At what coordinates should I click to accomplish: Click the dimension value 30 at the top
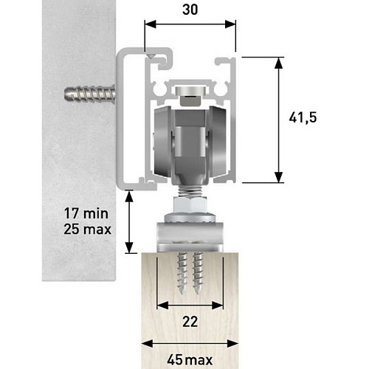click(x=190, y=10)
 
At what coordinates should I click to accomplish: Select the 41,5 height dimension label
click(x=303, y=118)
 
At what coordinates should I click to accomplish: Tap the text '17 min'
click(x=86, y=213)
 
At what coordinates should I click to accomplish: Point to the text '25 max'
click(x=87, y=230)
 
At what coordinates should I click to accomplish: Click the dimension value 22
click(x=190, y=322)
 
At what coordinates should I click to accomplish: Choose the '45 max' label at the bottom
click(x=190, y=360)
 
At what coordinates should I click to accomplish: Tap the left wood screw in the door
click(x=182, y=273)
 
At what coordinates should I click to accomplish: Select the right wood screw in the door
click(x=197, y=273)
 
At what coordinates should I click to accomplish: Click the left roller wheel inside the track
click(x=162, y=142)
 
